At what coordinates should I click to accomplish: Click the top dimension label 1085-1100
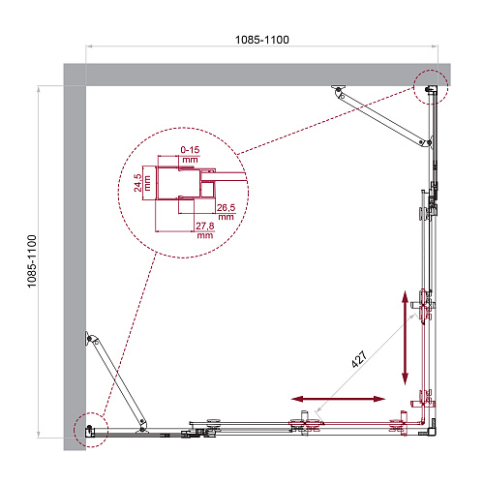coord(262,40)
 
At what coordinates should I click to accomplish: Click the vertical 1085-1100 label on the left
coord(32,261)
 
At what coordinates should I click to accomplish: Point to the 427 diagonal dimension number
coord(359,359)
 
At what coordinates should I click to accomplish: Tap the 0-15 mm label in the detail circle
coord(190,155)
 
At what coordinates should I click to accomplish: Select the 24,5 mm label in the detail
coord(142,183)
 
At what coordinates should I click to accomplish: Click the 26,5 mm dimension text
coord(226,212)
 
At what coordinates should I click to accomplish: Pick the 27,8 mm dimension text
coord(205,230)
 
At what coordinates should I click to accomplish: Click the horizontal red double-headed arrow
coord(338,399)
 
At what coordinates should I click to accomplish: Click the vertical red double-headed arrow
coord(405,338)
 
